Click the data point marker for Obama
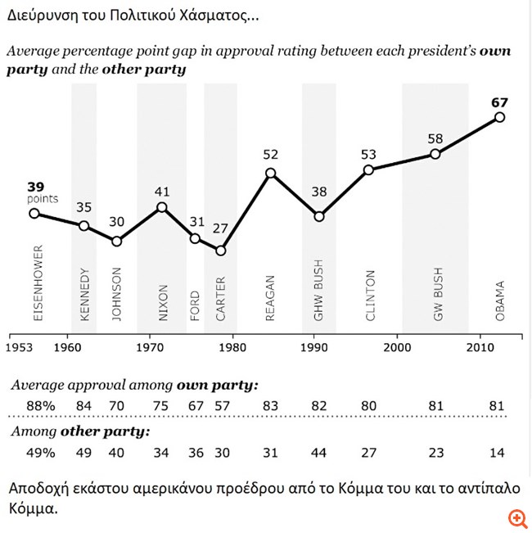[x=500, y=118]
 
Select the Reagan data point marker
[x=271, y=173]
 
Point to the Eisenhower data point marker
[x=34, y=213]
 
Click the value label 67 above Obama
[x=499, y=102]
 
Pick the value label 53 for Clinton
[x=369, y=155]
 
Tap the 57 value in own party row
[x=220, y=405]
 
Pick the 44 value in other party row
[x=319, y=453]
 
